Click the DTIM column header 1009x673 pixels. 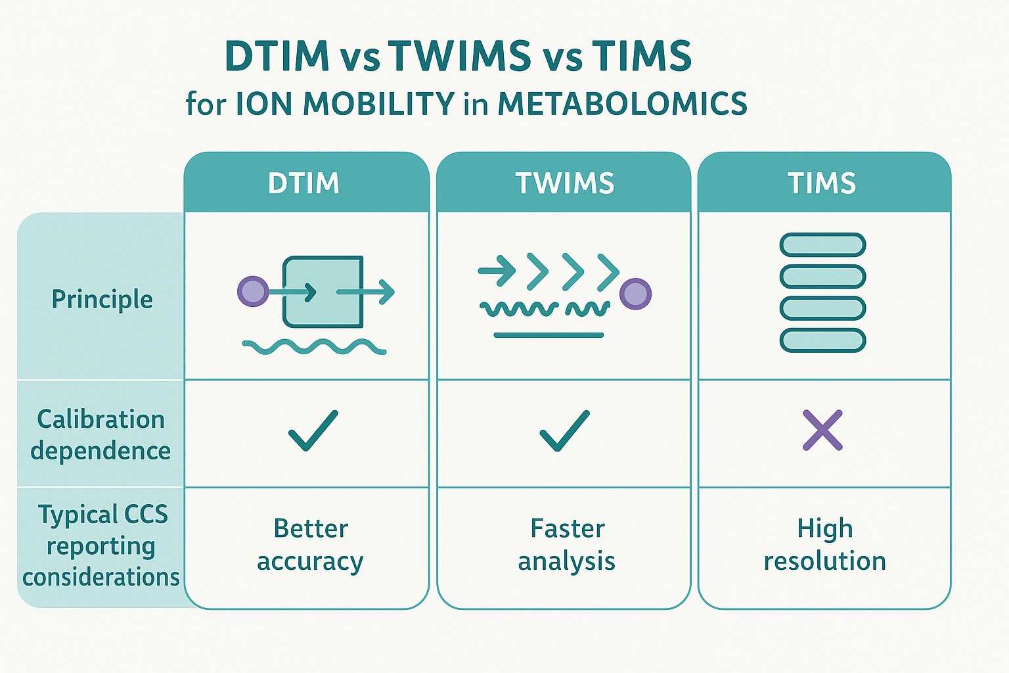pyautogui.click(x=303, y=183)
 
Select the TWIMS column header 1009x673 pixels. pyautogui.click(x=564, y=183)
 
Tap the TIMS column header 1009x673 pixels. pyautogui.click(x=822, y=183)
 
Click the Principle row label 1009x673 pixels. pyautogui.click(x=102, y=299)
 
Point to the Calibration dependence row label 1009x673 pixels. pyautogui.click(x=101, y=434)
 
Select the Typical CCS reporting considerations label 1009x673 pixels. pyautogui.click(x=101, y=545)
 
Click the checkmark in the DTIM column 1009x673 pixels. pyautogui.click(x=313, y=430)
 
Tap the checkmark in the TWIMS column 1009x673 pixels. pyautogui.click(x=564, y=430)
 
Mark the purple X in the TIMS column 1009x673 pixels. pyautogui.click(x=822, y=430)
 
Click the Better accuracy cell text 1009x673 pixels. pyautogui.click(x=310, y=545)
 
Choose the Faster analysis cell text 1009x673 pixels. pyautogui.click(x=566, y=545)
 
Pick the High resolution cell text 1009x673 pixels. pyautogui.click(x=824, y=545)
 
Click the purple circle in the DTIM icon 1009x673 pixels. pyautogui.click(x=253, y=291)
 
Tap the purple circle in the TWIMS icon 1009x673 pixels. pyautogui.click(x=635, y=293)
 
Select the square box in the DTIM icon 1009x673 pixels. pyautogui.click(x=323, y=292)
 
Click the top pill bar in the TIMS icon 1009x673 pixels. pyautogui.click(x=822, y=244)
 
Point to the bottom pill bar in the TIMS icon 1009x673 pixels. pyautogui.click(x=822, y=340)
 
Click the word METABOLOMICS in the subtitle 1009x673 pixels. pyautogui.click(x=622, y=104)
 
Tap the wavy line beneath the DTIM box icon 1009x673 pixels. pyautogui.click(x=314, y=347)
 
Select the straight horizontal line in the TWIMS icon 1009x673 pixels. pyautogui.click(x=549, y=335)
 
